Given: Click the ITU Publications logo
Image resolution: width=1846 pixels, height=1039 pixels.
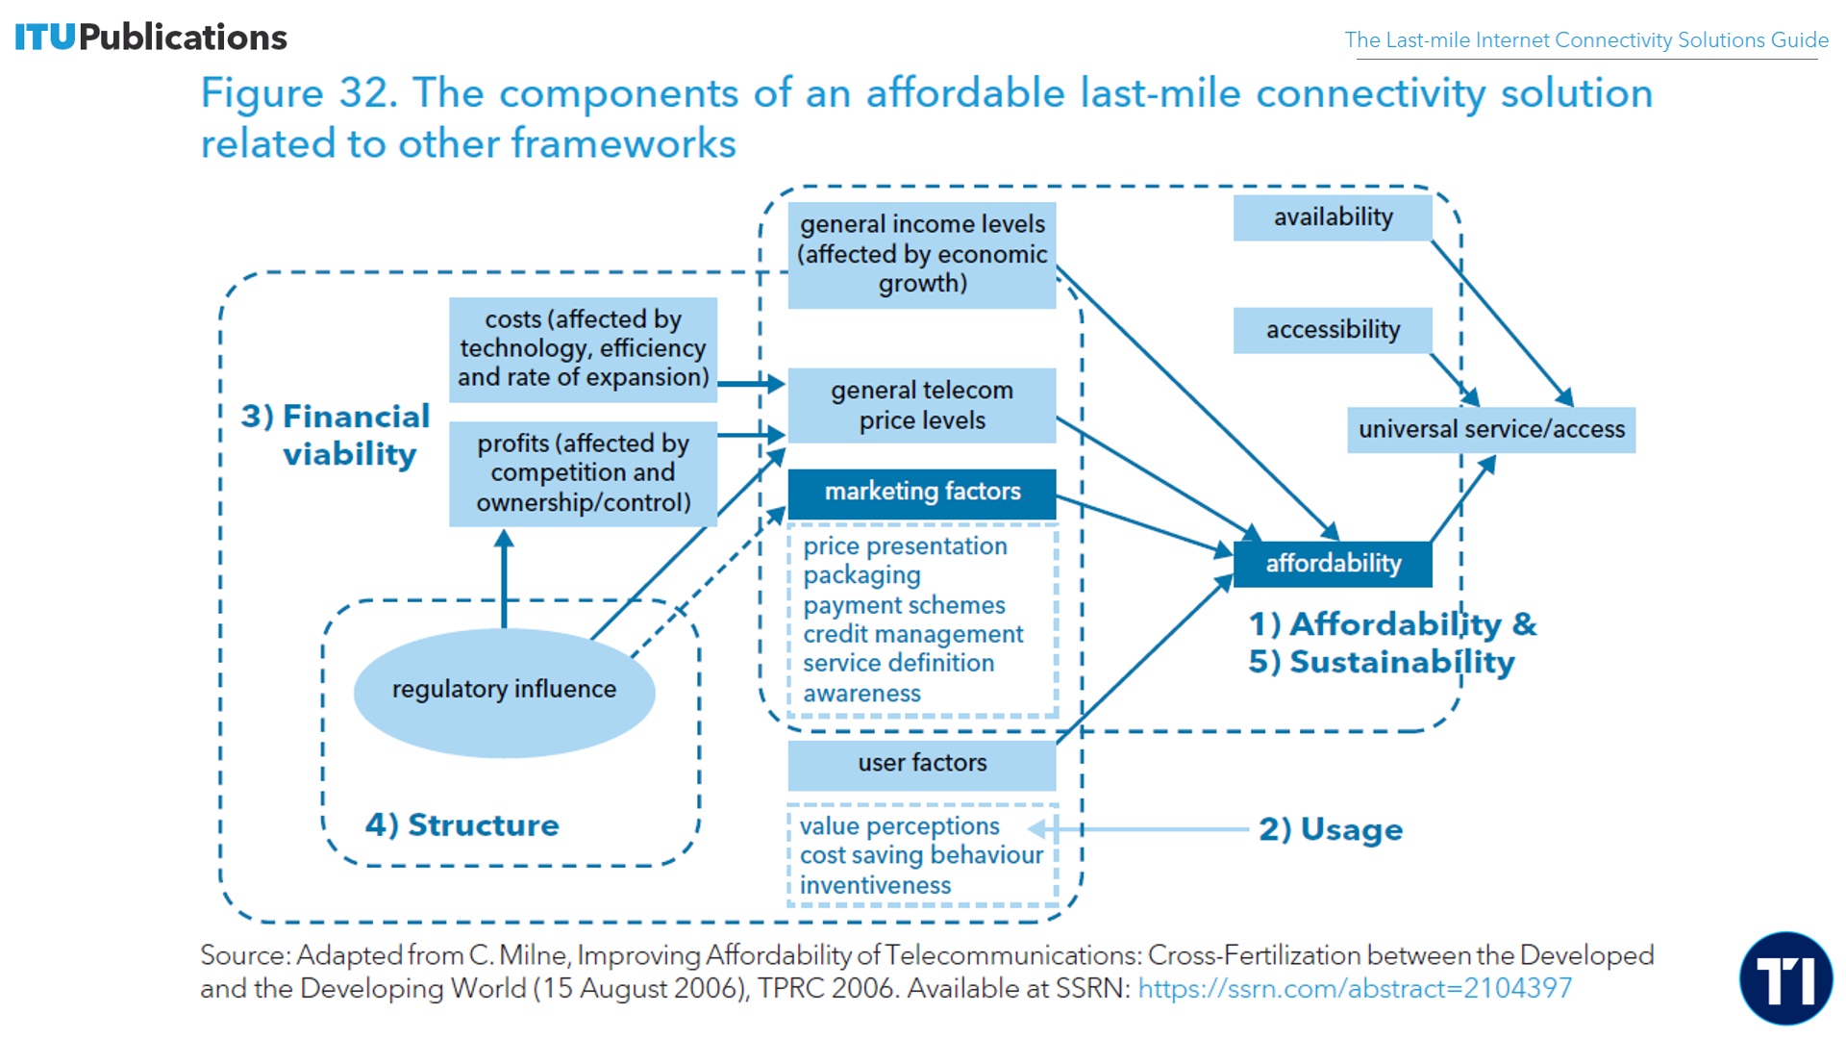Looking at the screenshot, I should tap(151, 37).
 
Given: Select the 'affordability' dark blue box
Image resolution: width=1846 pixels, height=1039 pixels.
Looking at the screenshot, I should tap(1333, 564).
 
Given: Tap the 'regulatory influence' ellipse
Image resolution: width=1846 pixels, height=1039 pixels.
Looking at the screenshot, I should tap(504, 691).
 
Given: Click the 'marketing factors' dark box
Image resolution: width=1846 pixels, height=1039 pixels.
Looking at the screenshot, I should tap(921, 493).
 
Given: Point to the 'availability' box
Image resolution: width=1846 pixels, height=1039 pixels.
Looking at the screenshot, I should tap(1333, 217).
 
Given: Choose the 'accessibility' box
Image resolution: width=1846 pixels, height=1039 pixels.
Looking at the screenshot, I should tap(1333, 330).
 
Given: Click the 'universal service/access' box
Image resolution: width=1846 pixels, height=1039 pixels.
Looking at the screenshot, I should tap(1490, 429).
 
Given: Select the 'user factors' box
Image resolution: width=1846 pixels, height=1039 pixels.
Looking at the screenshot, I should tap(921, 763).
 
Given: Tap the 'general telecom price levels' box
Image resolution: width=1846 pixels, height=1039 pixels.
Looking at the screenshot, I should tap(921, 405).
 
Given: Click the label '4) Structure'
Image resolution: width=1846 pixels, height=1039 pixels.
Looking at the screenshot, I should tap(461, 825).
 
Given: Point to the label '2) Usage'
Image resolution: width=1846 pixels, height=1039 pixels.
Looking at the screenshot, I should tap(1331, 829).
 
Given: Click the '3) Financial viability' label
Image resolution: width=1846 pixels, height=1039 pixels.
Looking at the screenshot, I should tap(337, 435).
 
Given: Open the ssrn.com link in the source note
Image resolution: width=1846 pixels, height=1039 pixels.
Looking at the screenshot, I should tap(1355, 988).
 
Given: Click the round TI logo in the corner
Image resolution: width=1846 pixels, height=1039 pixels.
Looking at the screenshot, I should tap(1785, 978).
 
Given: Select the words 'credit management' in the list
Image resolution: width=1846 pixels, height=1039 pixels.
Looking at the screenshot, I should tap(912, 635).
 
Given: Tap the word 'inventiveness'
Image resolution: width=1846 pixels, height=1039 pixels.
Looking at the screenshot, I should tap(875, 886).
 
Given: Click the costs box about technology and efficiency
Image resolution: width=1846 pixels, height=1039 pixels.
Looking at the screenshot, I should tap(583, 348).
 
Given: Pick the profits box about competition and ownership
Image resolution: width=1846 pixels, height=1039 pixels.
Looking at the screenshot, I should tap(583, 473).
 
